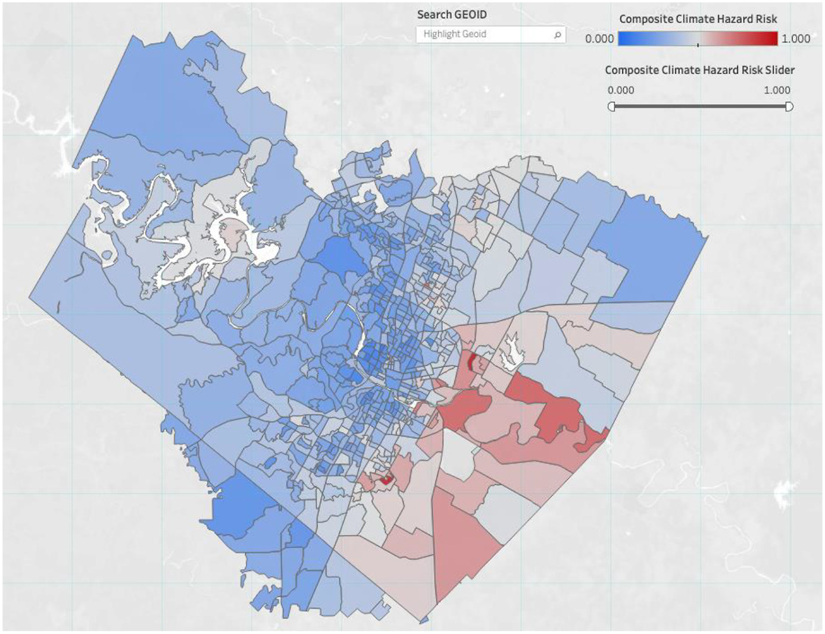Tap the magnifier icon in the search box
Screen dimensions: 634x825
point(558,35)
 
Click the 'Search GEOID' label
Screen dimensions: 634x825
point(452,15)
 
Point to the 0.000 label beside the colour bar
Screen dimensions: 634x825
point(599,39)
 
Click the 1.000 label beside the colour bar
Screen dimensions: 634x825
point(795,39)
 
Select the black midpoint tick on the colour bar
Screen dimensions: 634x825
point(698,44)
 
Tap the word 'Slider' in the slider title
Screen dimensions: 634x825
point(780,70)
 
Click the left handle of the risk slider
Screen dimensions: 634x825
point(611,106)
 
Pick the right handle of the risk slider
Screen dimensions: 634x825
point(789,106)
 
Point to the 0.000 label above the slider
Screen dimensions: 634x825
point(621,90)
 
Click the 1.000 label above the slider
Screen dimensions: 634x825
point(777,90)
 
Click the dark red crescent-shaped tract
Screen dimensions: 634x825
point(470,362)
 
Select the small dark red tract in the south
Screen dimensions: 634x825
point(386,478)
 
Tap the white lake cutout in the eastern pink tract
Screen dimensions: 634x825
point(511,351)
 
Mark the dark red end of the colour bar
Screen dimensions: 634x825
point(771,39)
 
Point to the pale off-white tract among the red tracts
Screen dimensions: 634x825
point(458,453)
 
